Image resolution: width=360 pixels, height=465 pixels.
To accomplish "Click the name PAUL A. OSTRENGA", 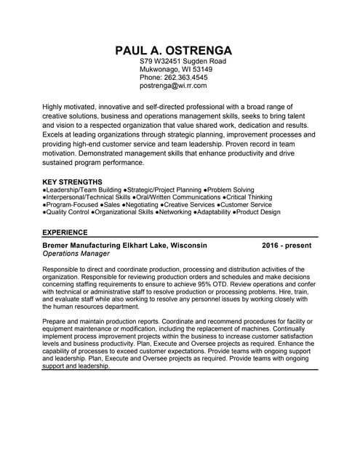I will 174,50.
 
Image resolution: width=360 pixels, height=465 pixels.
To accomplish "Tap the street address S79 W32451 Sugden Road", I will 183,62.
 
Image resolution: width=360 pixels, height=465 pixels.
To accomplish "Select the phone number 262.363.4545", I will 185,78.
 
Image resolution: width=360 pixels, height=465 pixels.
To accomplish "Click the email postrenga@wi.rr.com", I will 173,86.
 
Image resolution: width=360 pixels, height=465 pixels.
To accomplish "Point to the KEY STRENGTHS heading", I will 72,182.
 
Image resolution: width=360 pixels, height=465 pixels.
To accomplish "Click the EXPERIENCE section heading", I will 65,232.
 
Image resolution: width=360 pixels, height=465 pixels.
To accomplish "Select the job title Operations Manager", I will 76,254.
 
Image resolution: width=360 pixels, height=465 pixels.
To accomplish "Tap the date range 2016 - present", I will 287,246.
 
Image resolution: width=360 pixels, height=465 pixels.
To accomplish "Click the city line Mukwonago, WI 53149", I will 176,70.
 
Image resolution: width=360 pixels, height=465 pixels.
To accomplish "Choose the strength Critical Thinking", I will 249,197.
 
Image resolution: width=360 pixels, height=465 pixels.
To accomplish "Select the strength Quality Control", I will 68,212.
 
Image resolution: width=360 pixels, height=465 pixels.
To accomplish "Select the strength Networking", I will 176,212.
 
